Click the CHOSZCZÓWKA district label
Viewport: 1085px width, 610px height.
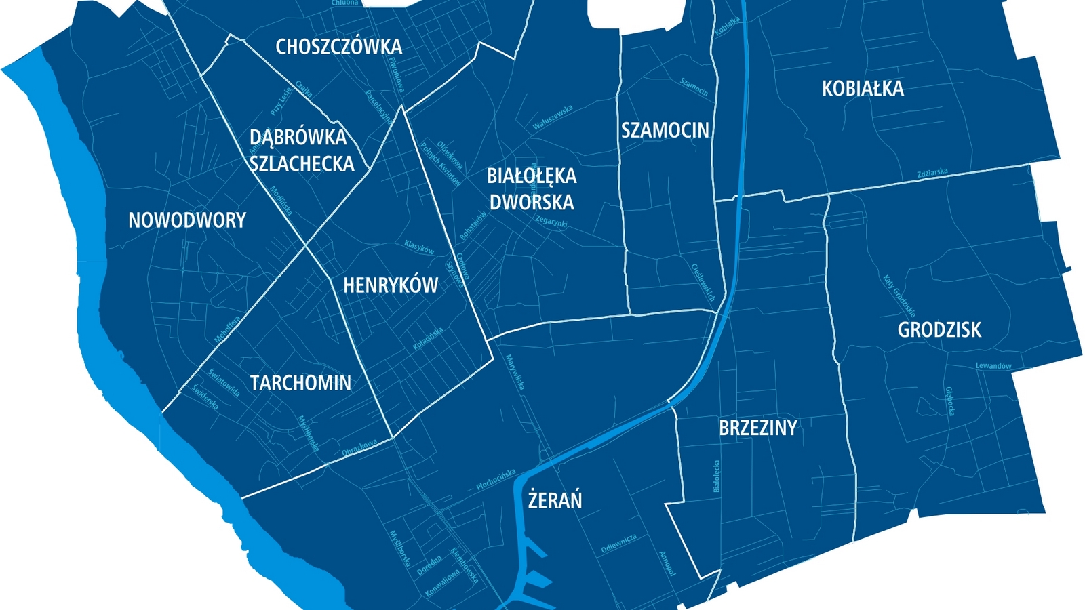pyautogui.click(x=338, y=47)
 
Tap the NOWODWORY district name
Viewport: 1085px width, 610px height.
pyautogui.click(x=187, y=220)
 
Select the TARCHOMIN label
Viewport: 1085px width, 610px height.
pyautogui.click(x=300, y=383)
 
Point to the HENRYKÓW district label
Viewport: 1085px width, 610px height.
pyautogui.click(x=391, y=285)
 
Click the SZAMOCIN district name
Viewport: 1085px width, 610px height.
pyautogui.click(x=665, y=130)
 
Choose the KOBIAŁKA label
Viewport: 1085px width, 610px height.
pyautogui.click(x=863, y=89)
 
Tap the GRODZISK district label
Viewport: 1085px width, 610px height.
pyautogui.click(x=939, y=330)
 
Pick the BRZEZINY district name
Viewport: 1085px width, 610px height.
pyautogui.click(x=757, y=428)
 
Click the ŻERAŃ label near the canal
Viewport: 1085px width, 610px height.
pyautogui.click(x=555, y=500)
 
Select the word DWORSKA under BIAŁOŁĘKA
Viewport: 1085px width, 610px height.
pyautogui.click(x=532, y=202)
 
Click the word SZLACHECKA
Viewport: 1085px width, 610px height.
pyautogui.click(x=302, y=164)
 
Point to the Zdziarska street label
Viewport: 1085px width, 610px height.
pyautogui.click(x=932, y=173)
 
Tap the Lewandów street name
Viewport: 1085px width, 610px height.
pyautogui.click(x=993, y=366)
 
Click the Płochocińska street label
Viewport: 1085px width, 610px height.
pyautogui.click(x=496, y=480)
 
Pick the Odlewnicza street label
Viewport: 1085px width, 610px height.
pyautogui.click(x=619, y=544)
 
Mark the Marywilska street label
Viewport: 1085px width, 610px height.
pyautogui.click(x=515, y=372)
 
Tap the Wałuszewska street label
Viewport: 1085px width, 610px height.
pyautogui.click(x=553, y=117)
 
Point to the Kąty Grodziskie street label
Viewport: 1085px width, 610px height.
pyautogui.click(x=899, y=296)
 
